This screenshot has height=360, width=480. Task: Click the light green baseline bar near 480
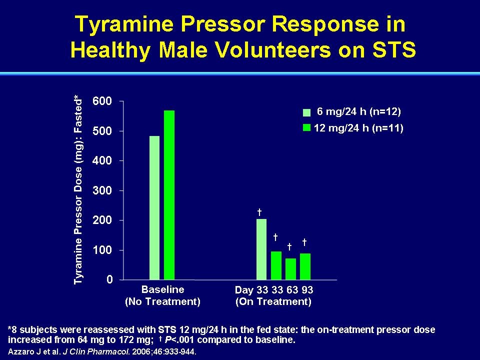154,208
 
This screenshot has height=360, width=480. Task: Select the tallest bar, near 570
169,195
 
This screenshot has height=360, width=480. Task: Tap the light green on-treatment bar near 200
261,249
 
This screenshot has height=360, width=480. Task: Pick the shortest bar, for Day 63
291,269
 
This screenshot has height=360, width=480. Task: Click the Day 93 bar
305,266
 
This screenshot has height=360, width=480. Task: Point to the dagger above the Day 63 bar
289,246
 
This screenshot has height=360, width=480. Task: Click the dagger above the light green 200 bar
259,212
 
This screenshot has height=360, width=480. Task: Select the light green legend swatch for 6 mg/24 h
306,112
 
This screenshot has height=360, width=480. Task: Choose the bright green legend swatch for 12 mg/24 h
306,127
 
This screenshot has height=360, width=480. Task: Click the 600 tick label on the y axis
102,101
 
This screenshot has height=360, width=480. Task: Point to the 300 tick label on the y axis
102,190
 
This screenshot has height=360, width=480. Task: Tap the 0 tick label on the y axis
109,279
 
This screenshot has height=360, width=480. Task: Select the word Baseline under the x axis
163,289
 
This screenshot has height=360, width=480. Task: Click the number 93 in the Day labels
307,289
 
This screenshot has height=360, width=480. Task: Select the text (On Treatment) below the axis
273,301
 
